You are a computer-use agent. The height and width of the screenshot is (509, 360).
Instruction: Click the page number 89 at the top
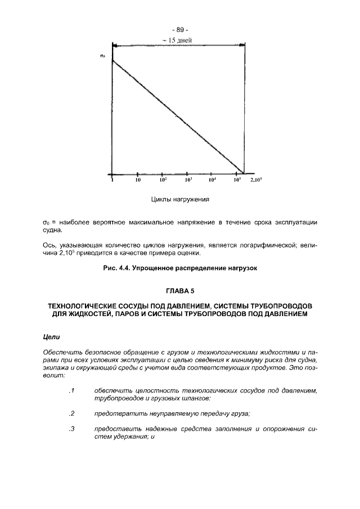click(x=179, y=30)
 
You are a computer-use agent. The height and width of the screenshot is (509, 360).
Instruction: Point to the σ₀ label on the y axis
click(x=102, y=55)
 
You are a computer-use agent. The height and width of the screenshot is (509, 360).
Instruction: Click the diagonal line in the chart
click(x=178, y=116)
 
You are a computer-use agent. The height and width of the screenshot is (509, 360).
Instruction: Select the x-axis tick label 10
click(x=137, y=181)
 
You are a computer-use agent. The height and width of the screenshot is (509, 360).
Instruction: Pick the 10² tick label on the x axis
click(x=163, y=181)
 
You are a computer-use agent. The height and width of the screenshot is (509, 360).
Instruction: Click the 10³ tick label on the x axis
click(x=188, y=181)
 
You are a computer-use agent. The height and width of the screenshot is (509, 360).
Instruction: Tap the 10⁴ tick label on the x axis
click(x=213, y=181)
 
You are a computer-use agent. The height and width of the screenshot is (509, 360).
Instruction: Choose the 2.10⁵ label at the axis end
click(x=256, y=181)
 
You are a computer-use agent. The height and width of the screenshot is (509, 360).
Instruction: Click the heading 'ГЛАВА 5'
click(x=179, y=291)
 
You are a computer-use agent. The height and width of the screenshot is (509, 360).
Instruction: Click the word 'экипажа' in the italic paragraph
click(x=57, y=367)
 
